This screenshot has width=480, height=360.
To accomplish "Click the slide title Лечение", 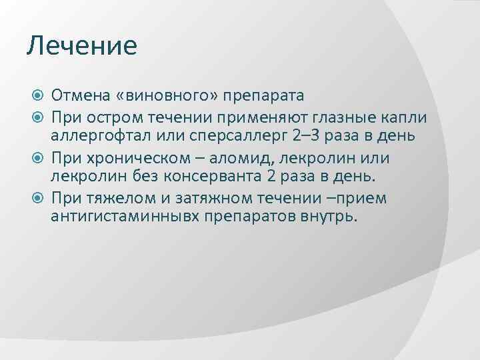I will click(81, 45).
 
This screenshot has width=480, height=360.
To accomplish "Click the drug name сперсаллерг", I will click(225, 135).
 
